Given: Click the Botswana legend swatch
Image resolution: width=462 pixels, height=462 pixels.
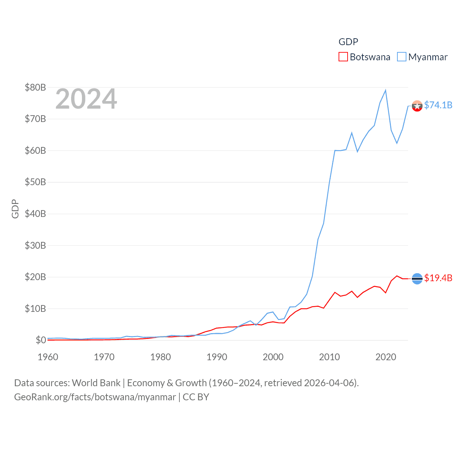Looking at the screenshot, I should point(343,57).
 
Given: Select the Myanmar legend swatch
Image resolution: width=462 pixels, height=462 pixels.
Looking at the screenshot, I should point(401,57).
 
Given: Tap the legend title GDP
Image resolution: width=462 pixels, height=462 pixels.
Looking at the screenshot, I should point(348,42).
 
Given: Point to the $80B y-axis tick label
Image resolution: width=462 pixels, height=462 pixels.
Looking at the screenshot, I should point(35,87).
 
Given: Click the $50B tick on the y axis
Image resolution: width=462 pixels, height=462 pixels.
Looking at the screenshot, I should point(35,182).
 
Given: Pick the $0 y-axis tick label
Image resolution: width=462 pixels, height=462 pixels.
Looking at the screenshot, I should point(41,340).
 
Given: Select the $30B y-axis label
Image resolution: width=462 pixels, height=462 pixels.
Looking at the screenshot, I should point(35,245).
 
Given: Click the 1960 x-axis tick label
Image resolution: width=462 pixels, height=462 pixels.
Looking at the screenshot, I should point(48,357).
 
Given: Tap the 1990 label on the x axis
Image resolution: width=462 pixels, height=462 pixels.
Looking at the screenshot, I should point(217,357).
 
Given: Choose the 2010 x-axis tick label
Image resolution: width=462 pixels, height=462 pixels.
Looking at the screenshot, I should point(330,357).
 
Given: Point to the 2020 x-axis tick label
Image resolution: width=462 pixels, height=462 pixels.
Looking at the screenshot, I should point(386,357).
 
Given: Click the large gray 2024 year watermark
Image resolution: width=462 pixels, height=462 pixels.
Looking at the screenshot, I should point(86,99).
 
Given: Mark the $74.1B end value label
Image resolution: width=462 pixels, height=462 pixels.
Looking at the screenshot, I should point(438,105).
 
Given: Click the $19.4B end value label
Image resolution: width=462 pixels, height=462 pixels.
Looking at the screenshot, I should point(438,278).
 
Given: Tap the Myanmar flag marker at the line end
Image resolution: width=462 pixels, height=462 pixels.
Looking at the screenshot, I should point(417,106).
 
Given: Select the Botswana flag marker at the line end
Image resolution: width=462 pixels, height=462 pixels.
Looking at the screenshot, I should point(417,279).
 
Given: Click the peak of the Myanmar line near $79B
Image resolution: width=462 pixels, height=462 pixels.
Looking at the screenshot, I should point(385,90).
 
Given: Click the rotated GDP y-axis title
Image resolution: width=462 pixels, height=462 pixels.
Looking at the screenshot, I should point(15,209).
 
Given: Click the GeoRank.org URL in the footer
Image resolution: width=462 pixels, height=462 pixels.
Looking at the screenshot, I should point(95,397).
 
